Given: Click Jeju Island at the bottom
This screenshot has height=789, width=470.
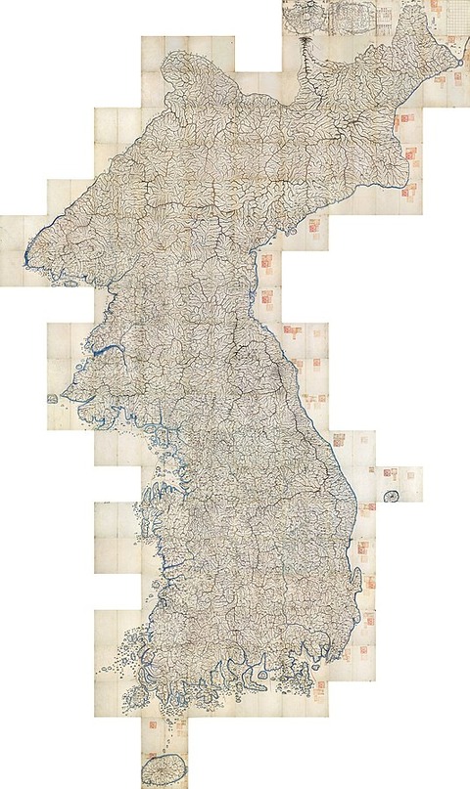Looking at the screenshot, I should (164, 767).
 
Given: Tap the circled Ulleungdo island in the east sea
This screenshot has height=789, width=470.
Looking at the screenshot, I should (392, 496).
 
